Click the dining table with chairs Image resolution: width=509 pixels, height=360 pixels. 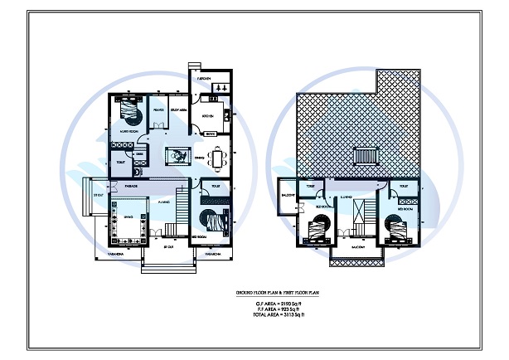218,157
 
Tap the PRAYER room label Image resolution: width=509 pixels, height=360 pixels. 158,109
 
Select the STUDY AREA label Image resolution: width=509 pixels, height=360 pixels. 178,109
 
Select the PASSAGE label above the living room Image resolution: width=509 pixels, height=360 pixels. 131,187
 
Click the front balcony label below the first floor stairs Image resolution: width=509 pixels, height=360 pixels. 358,247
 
